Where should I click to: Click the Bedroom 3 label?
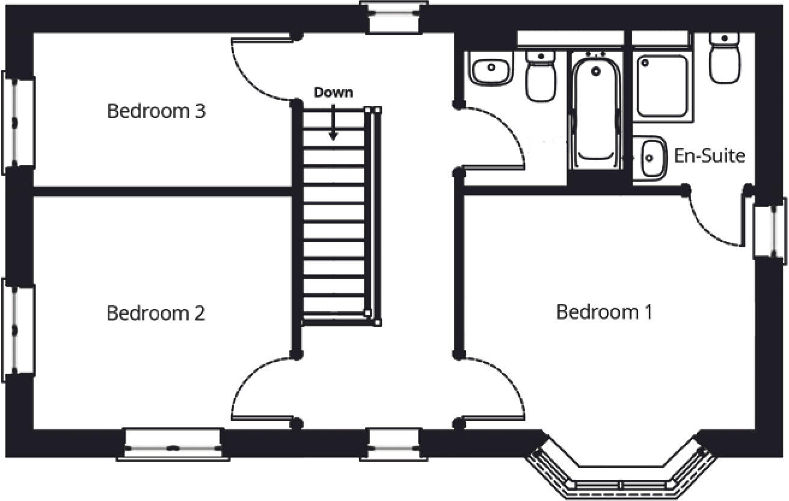pos(156,111)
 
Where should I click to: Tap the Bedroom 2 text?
pos(156,313)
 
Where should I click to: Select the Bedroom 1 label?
pos(604,312)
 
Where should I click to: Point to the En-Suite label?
pos(710,156)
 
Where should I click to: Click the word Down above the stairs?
pos(334,93)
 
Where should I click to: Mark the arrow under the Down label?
pos(333,126)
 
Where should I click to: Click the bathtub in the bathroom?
pos(596,111)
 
